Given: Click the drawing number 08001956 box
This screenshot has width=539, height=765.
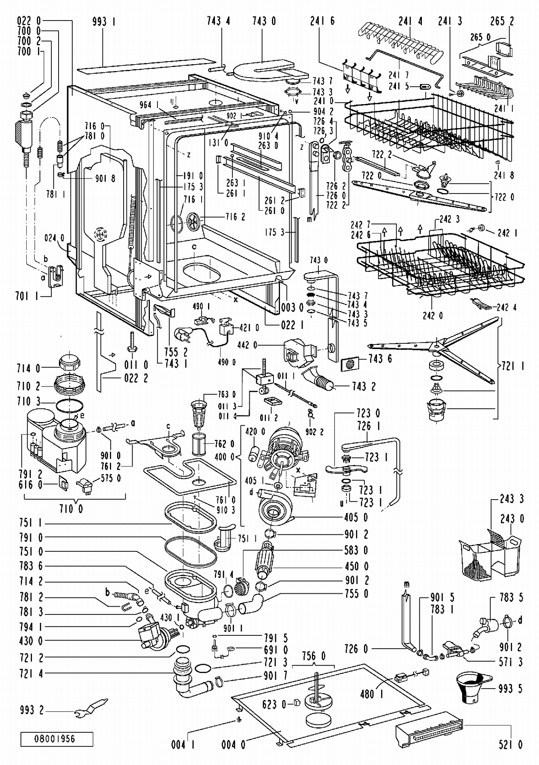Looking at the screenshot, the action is point(57,739).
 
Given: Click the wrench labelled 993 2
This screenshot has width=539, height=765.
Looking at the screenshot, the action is point(91,707).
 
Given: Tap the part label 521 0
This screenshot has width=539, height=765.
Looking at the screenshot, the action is point(510,745).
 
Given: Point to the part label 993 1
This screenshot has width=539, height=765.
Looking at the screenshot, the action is point(104,22).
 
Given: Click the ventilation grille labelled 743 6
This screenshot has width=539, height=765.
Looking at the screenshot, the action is point(350,364).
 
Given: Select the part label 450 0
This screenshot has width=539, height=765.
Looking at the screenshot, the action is point(356,566).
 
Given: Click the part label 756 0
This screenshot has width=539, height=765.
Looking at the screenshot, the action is point(313,657).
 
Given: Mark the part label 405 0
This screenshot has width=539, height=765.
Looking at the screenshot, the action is point(356,518).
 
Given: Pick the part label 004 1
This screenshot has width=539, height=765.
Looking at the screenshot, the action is point(183,745).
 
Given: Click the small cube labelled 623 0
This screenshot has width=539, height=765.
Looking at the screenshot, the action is point(297,703).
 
